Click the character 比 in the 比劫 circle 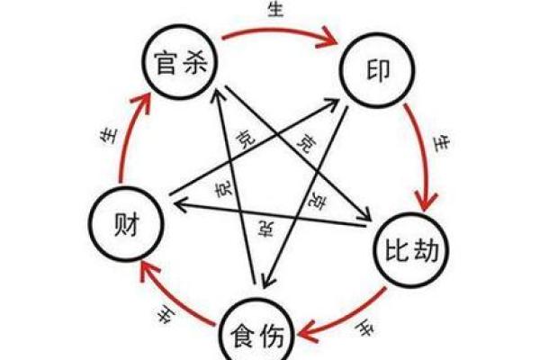click(392, 249)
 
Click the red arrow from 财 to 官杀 click(126, 135)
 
